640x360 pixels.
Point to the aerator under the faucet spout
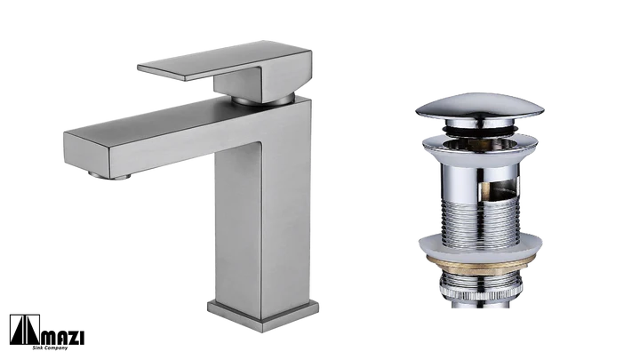(x=110, y=176)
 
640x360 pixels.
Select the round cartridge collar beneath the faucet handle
(x=263, y=100)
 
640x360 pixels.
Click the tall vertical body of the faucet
(x=263, y=212)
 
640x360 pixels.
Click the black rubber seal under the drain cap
(x=480, y=129)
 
